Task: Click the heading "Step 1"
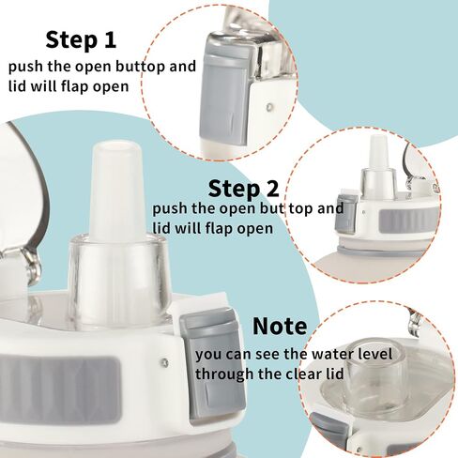point(81,39)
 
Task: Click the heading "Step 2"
point(243,189)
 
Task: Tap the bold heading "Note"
point(280,327)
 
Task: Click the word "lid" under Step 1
point(17,86)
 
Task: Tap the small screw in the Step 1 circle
point(269,108)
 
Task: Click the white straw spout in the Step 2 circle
point(378,152)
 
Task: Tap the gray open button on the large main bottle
point(212,363)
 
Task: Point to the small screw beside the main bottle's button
point(164,363)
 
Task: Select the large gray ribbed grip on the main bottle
point(60,390)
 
